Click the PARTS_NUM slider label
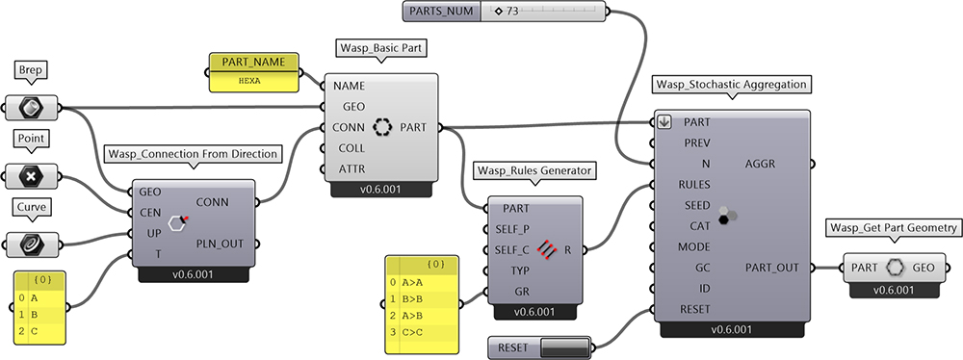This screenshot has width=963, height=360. pyautogui.click(x=442, y=11)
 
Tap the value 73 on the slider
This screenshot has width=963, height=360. pyautogui.click(x=512, y=11)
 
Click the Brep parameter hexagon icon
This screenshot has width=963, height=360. pyautogui.click(x=31, y=108)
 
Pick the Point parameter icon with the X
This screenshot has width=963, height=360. pyautogui.click(x=31, y=177)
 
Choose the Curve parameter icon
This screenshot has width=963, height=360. pyautogui.click(x=31, y=245)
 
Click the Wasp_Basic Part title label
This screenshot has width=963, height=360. pyautogui.click(x=380, y=48)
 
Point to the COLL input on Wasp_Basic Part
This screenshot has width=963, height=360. pyautogui.click(x=351, y=148)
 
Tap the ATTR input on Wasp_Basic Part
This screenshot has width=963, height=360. pyautogui.click(x=351, y=169)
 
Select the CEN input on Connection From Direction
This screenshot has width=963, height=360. pyautogui.click(x=150, y=213)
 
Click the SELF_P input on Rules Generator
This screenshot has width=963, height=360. pyautogui.click(x=512, y=229)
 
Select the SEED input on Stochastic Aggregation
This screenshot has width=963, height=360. pyautogui.click(x=697, y=205)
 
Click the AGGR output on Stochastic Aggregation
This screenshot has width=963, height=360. pyautogui.click(x=761, y=164)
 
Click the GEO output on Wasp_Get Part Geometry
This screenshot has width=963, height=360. pyautogui.click(x=924, y=268)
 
